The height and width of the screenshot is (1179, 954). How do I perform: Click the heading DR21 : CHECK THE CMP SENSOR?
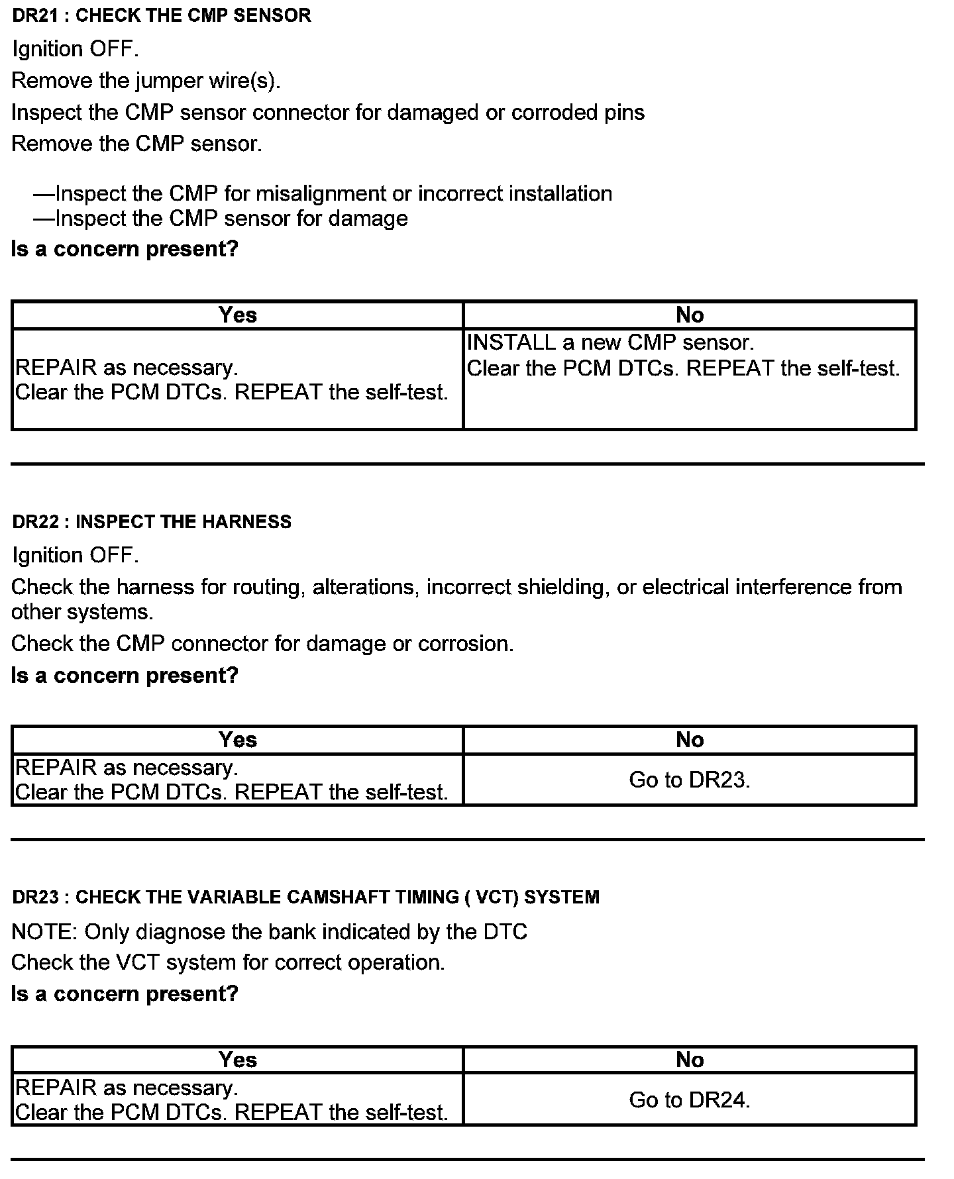(161, 16)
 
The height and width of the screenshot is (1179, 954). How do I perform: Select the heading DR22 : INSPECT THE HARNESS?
(152, 522)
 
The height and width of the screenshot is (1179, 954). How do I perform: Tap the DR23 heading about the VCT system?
(305, 897)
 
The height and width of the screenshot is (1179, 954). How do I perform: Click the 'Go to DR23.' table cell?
(689, 780)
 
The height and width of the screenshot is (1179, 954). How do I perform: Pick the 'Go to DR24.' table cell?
(689, 1100)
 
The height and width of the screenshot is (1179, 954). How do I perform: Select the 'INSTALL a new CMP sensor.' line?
(610, 342)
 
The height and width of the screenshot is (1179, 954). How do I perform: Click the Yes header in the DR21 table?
(237, 315)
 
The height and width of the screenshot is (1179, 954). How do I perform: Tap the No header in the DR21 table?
(689, 315)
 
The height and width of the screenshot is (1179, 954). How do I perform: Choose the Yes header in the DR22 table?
(237, 740)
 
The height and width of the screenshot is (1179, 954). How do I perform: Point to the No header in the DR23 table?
(689, 1060)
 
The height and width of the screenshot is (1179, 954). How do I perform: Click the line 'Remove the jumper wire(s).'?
(146, 81)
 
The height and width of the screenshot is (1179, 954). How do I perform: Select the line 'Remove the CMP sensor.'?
(136, 144)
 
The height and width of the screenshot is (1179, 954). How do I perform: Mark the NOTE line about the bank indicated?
(269, 932)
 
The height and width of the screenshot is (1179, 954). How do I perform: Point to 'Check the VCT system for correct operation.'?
(228, 962)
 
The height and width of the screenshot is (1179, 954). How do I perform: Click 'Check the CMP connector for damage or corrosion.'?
(262, 644)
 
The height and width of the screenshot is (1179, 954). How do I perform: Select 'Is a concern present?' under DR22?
(125, 676)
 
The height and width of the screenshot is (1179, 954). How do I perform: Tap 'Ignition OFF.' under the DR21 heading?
(76, 50)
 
